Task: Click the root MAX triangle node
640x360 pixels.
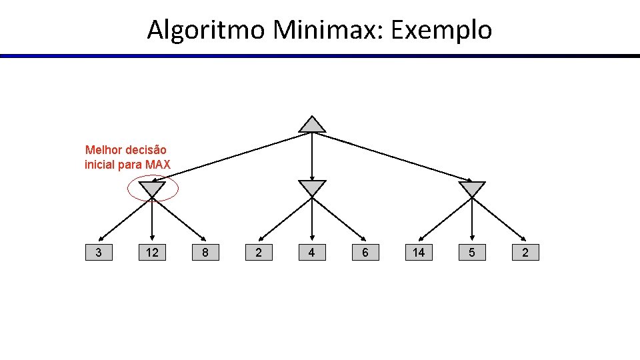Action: (x=312, y=125)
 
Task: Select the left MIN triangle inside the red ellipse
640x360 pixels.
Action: (x=152, y=189)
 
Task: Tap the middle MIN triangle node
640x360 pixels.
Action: (x=312, y=188)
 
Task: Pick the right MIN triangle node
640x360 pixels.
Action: (x=472, y=189)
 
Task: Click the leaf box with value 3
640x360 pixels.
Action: (x=99, y=253)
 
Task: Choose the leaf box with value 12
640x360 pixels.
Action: (x=152, y=253)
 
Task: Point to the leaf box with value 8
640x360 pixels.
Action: (x=205, y=253)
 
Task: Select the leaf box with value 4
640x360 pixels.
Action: (x=312, y=253)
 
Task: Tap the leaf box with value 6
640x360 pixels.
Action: (x=365, y=253)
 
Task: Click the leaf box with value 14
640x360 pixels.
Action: (x=419, y=253)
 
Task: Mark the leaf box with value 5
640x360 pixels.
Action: (x=472, y=253)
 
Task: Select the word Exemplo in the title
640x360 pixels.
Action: (x=441, y=30)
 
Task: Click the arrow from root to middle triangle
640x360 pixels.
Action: (x=312, y=157)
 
